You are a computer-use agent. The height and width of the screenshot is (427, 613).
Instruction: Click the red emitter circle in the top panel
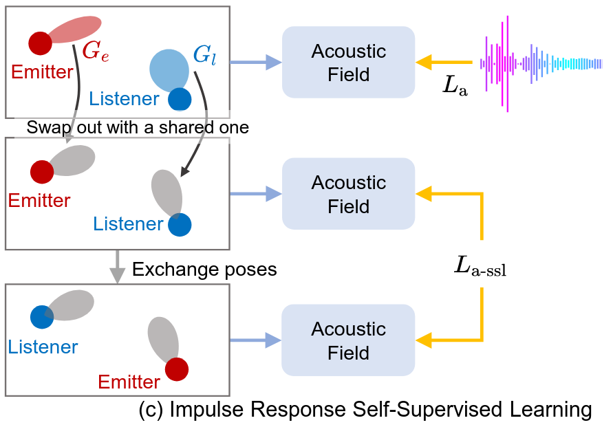[x=40, y=44]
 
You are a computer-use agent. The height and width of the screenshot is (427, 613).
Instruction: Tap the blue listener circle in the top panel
[x=180, y=99]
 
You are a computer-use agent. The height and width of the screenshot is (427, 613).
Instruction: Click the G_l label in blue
[x=204, y=55]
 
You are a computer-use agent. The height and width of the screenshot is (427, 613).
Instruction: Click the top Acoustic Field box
[x=349, y=62]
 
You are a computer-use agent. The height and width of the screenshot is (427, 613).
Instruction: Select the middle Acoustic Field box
[x=349, y=194]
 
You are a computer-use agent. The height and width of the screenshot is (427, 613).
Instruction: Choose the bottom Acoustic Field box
[x=349, y=340]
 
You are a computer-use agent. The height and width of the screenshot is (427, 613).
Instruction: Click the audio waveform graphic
[x=544, y=63]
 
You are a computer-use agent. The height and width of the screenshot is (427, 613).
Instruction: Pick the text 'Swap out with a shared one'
[x=138, y=128]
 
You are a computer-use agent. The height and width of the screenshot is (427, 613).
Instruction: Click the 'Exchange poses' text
[x=204, y=269]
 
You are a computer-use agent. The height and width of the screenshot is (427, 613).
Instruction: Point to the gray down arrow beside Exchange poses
[x=118, y=267]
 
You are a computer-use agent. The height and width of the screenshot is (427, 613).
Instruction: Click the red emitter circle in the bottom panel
[x=177, y=369]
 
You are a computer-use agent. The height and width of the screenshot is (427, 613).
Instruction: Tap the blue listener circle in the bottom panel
[x=42, y=317]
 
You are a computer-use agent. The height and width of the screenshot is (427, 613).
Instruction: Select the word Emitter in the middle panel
[x=39, y=201]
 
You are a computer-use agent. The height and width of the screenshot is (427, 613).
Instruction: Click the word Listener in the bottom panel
[x=43, y=347]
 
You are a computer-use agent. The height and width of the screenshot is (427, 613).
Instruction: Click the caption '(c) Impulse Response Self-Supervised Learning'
[x=365, y=410]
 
